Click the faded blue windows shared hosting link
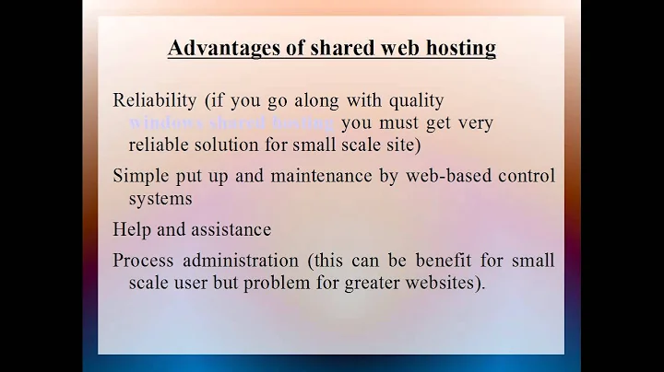click(232, 122)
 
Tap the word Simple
click(139, 175)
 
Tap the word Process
click(142, 261)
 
